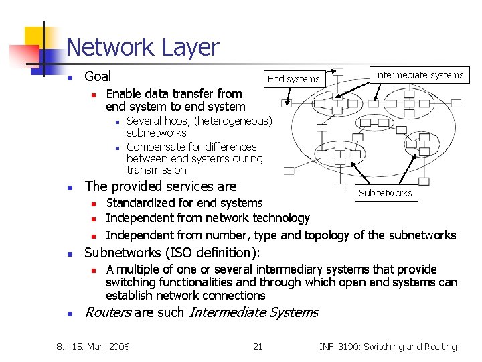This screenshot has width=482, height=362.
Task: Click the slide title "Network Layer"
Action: tap(143, 47)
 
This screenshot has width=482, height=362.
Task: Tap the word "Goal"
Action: tap(98, 76)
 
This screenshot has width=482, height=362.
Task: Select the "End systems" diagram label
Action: tap(293, 79)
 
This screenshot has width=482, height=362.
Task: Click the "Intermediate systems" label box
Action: tap(418, 75)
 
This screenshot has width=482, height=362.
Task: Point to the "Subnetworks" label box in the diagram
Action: tap(385, 193)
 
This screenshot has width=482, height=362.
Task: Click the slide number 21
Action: tap(258, 347)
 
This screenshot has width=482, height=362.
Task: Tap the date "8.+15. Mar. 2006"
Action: tap(93, 347)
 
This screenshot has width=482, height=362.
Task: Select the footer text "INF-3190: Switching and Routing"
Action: tap(388, 347)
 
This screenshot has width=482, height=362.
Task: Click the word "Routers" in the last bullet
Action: tap(107, 312)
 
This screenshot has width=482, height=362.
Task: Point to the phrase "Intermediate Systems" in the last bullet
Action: tap(254, 312)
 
